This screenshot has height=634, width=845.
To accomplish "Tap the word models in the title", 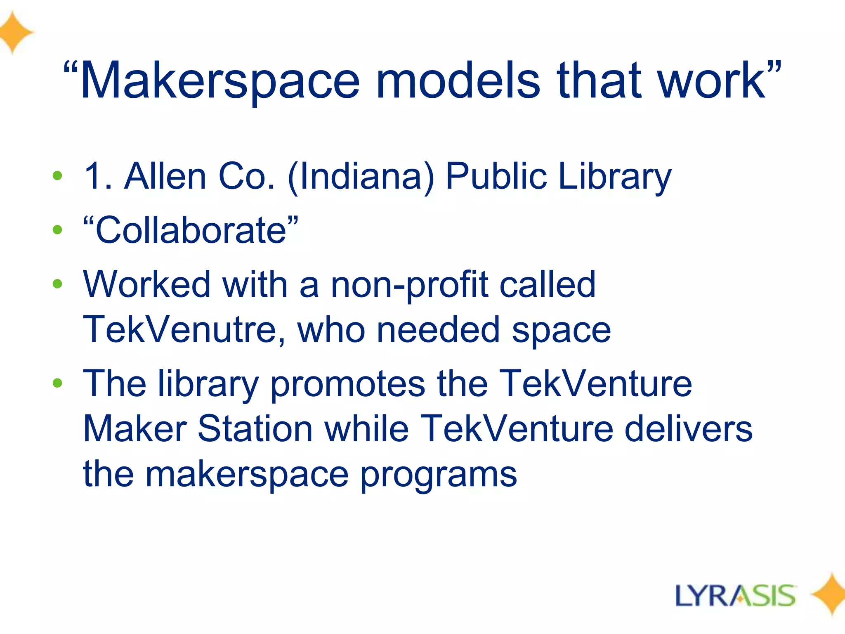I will (x=458, y=80).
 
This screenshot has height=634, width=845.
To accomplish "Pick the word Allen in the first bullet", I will (x=165, y=176).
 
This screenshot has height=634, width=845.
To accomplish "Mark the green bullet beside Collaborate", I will (x=57, y=230).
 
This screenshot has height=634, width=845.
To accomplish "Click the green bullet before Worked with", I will (x=57, y=284).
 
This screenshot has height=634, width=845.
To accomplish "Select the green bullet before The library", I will (x=57, y=383).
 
